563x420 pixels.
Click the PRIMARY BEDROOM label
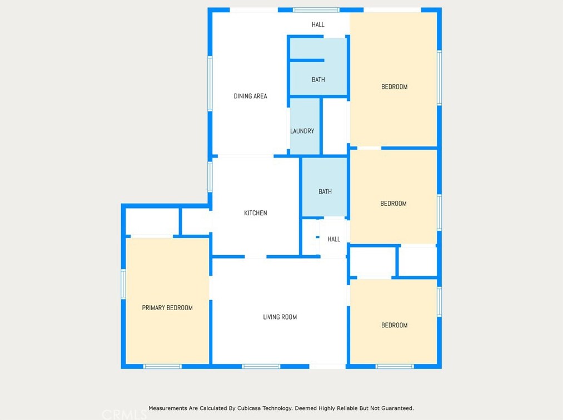click(x=167, y=308)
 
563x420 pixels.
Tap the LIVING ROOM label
click(x=280, y=317)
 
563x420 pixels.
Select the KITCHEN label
click(x=256, y=213)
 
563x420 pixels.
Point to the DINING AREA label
click(x=250, y=96)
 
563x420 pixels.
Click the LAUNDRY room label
click(x=302, y=131)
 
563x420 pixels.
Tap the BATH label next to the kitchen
click(x=325, y=192)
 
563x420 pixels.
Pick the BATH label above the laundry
click(x=318, y=80)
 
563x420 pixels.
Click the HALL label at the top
click(x=318, y=25)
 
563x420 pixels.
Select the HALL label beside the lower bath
click(x=333, y=240)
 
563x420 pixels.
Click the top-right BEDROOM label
click(x=394, y=87)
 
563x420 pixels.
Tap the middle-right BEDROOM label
click(x=393, y=204)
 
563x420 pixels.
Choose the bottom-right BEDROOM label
click(x=394, y=326)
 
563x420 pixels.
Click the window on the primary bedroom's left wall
click(x=123, y=284)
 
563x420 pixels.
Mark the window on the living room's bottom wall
click(x=261, y=366)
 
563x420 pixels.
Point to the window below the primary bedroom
click(x=162, y=366)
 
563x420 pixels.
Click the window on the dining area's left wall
click(x=210, y=83)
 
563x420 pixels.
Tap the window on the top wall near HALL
click(x=316, y=10)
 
